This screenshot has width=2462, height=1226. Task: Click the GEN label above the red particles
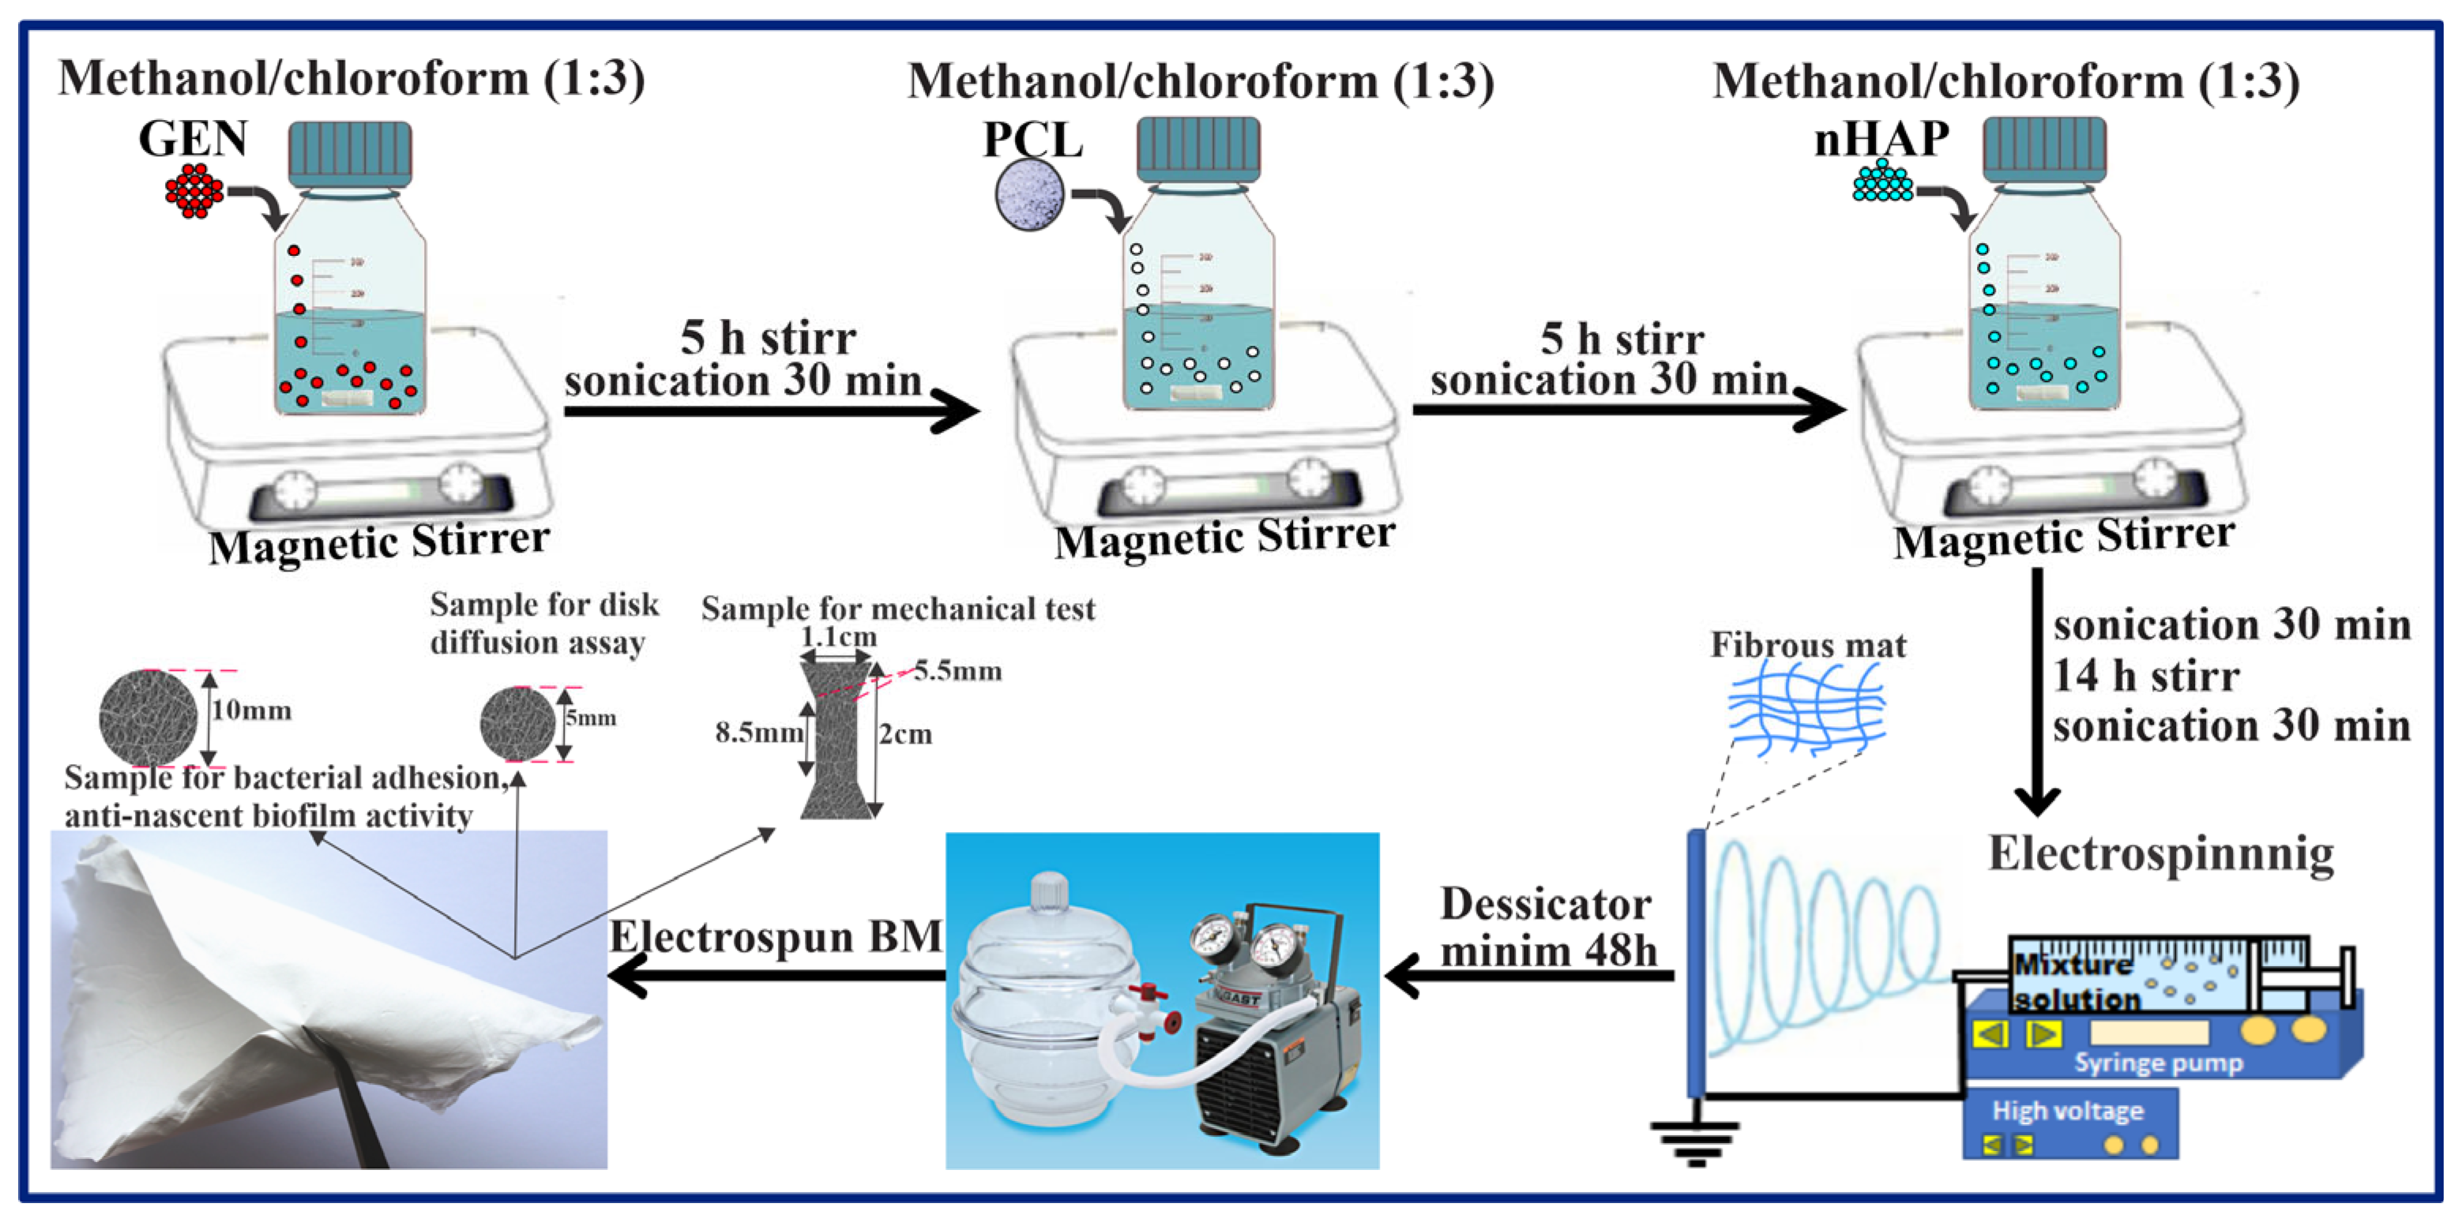tap(193, 140)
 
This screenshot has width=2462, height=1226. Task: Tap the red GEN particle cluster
tap(194, 191)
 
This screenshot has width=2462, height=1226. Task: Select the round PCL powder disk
tap(1029, 195)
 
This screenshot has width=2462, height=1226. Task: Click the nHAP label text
tap(1881, 139)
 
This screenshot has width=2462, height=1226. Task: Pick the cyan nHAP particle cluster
tap(1882, 182)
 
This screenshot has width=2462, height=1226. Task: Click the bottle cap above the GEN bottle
tap(350, 153)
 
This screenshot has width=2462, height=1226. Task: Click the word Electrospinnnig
tap(2161, 853)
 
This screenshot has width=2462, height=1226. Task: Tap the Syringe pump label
tap(2157, 1063)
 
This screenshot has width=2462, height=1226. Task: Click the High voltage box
tap(2069, 1123)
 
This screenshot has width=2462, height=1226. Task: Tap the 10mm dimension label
tap(251, 710)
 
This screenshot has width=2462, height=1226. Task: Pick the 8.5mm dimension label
tap(759, 733)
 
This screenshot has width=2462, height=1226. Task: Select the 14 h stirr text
tap(2145, 676)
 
